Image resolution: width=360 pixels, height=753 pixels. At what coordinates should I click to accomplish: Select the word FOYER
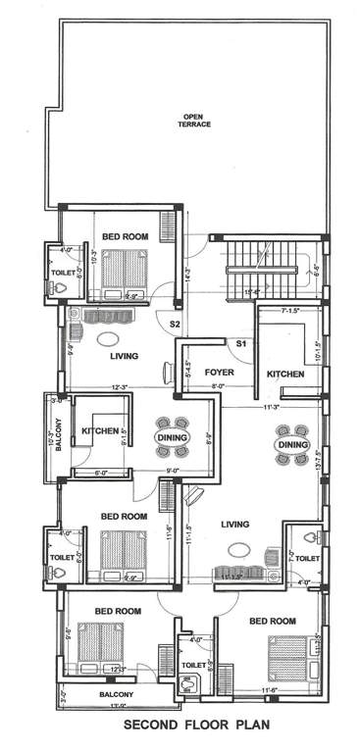218,374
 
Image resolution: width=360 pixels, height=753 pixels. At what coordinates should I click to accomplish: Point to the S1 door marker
239,343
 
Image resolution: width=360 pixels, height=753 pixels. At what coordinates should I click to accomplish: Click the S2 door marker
175,323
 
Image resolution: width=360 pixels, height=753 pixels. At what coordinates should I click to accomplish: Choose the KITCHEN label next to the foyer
285,375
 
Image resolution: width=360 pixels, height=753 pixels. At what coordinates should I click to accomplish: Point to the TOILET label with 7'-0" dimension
308,558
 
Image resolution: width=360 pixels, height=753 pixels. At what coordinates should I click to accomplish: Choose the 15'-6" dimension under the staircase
252,292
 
